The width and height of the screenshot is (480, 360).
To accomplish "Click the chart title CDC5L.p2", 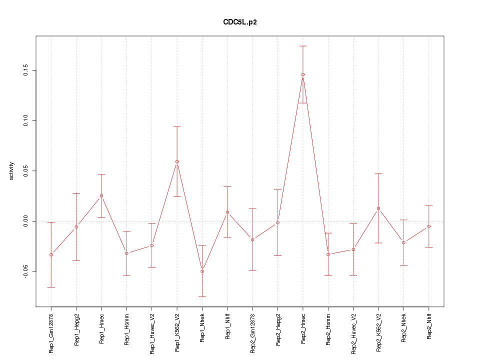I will point(240,22).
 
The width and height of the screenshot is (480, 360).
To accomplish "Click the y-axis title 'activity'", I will point(12,171).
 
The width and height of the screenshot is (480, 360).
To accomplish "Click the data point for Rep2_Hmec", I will point(303,74).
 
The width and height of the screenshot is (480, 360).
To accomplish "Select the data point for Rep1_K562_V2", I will point(177,161).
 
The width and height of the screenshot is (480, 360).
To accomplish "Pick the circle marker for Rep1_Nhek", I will point(202,271).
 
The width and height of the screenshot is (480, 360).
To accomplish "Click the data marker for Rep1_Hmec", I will point(101,196).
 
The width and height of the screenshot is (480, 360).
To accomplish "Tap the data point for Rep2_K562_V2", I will point(378,208).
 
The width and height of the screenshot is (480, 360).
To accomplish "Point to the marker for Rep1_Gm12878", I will point(51,255).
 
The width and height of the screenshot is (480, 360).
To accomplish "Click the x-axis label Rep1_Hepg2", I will point(76,330).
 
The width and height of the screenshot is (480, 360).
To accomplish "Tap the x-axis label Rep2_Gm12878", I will point(252,333).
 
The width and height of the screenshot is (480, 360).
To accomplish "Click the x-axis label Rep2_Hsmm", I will point(328,329).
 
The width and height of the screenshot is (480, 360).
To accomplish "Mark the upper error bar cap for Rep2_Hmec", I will point(303,46).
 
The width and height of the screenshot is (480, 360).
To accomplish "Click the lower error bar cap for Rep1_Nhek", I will point(202,297).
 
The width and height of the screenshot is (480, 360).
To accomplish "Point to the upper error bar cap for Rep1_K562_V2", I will point(177,126).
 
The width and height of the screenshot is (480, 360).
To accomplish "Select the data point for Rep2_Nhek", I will point(403,242).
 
